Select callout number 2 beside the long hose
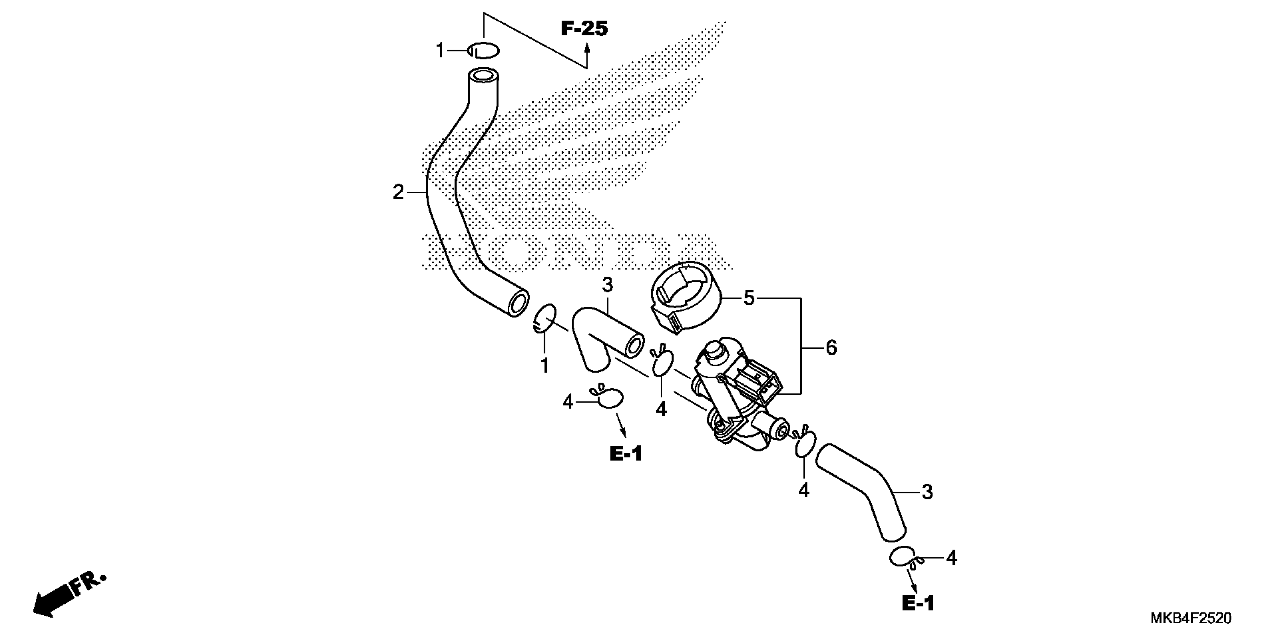(x=398, y=192)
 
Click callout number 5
(x=749, y=299)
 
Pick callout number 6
(x=831, y=348)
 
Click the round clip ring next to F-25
(x=484, y=50)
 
